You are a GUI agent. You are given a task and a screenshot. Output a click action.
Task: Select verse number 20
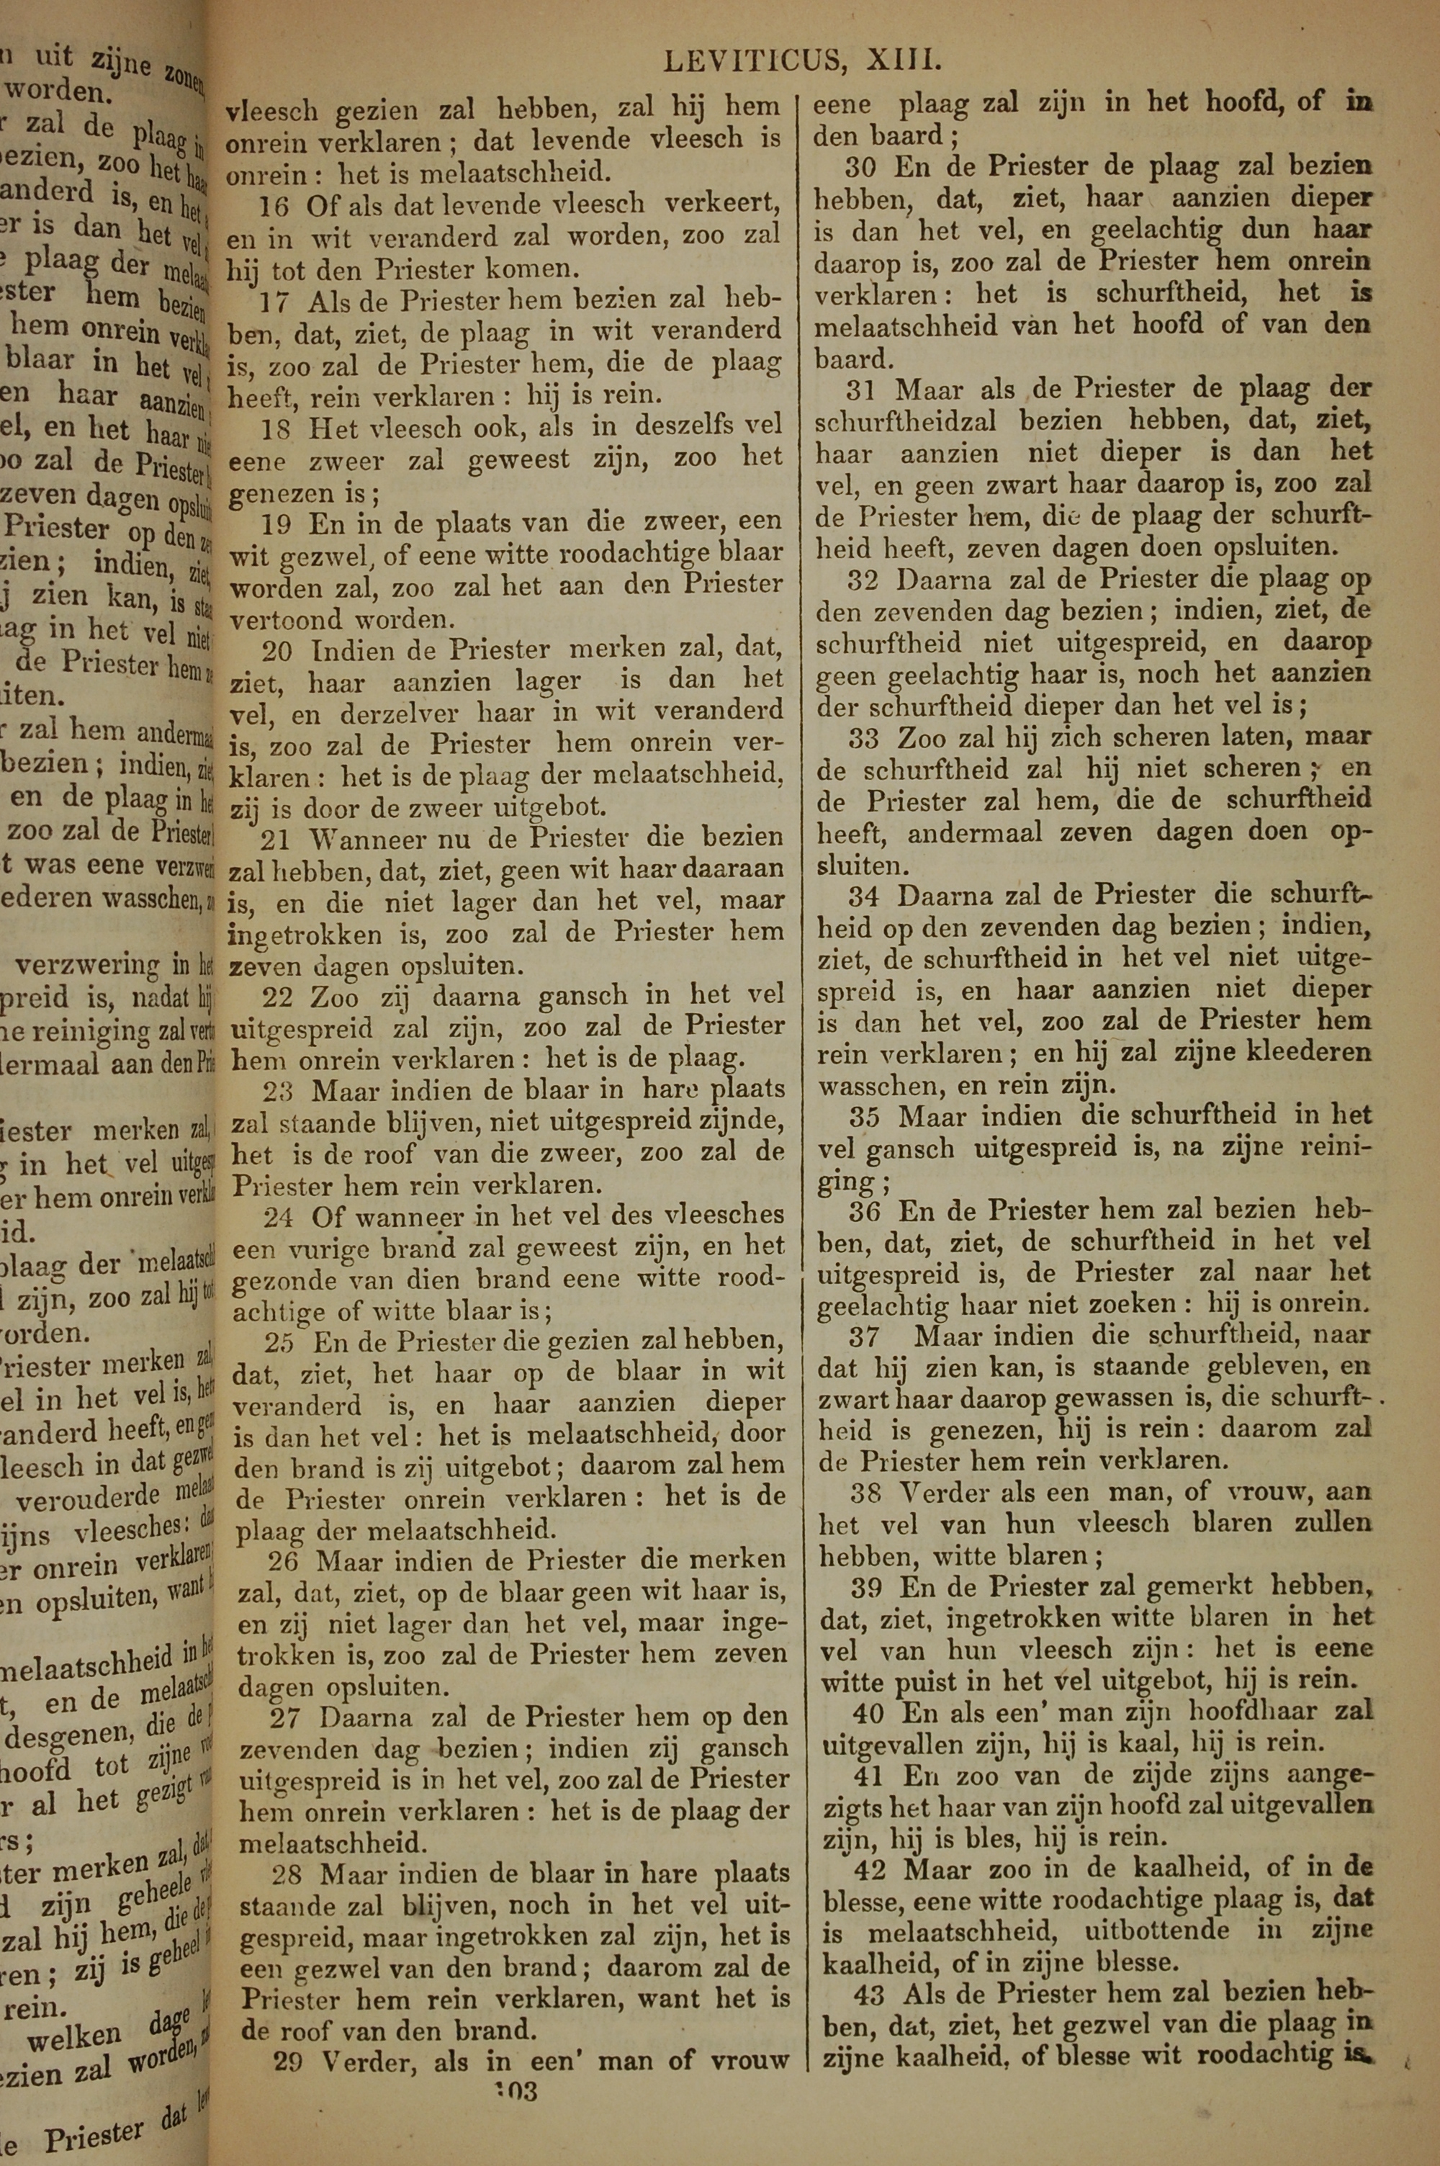tap(277, 651)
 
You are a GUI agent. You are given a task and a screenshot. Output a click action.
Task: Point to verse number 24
tap(279, 1218)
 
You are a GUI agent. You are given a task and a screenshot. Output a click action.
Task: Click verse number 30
tap(861, 167)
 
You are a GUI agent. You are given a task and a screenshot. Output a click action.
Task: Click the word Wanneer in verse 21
tap(354, 838)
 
